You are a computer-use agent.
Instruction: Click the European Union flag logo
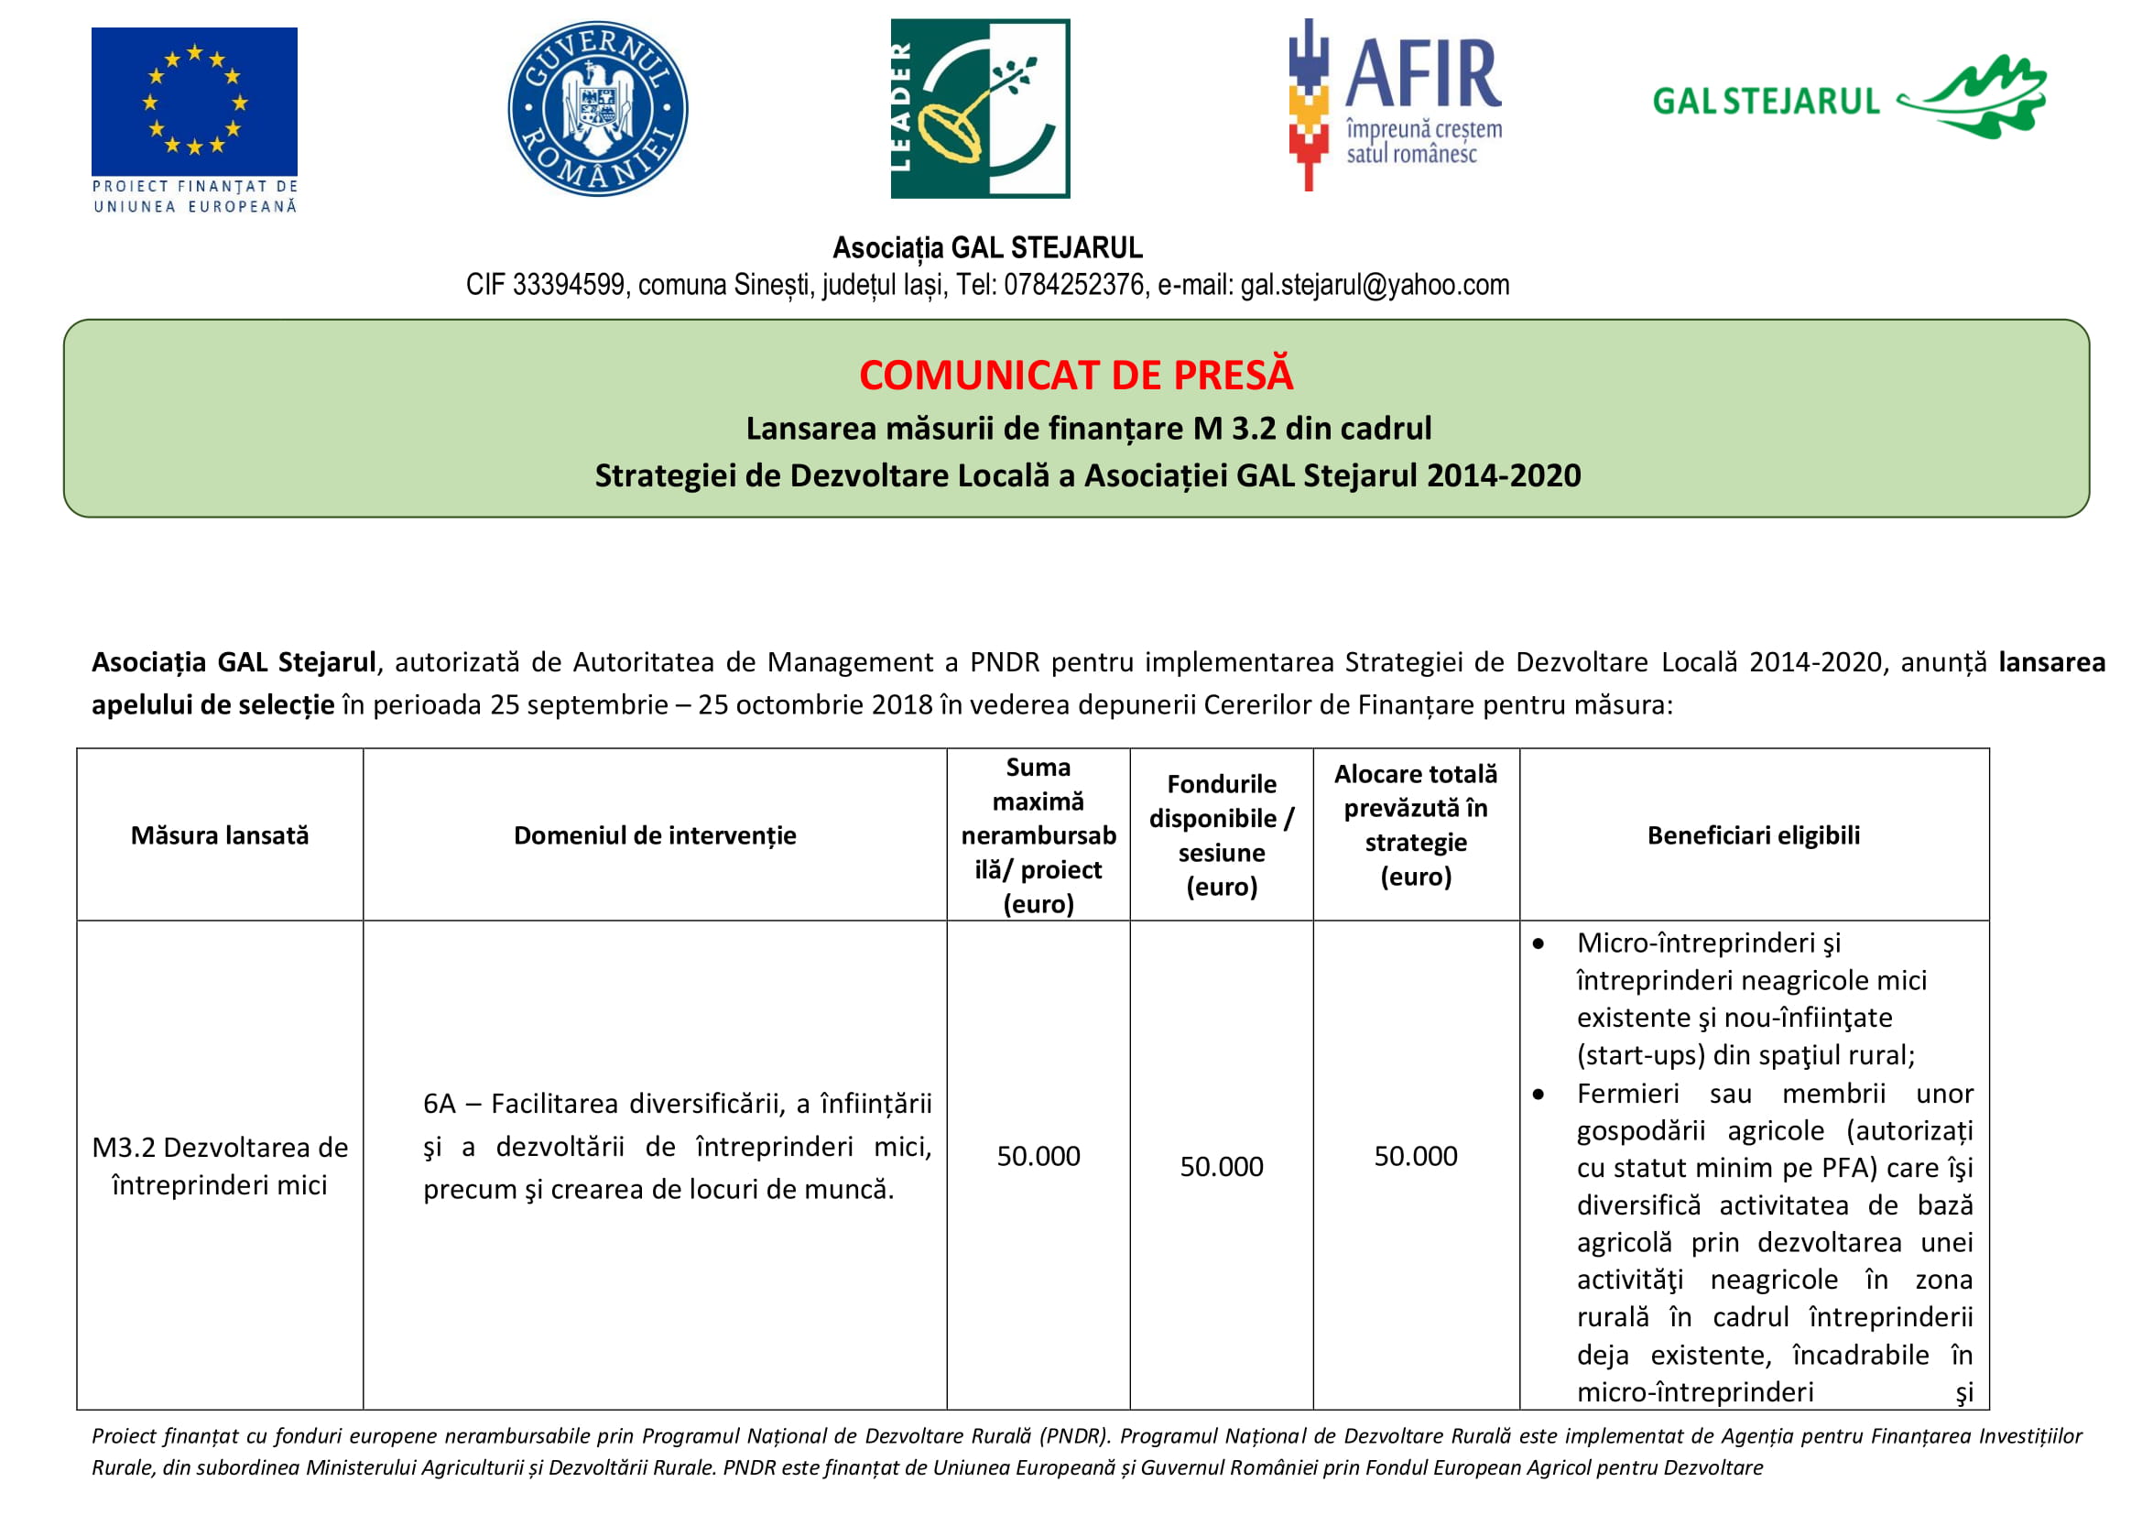(194, 102)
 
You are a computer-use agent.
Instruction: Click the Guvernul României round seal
(597, 108)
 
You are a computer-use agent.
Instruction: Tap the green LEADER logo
(980, 108)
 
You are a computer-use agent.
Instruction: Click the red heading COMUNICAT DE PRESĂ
(1076, 375)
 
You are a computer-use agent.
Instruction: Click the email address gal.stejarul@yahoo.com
(1375, 285)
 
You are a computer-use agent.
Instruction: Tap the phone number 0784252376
(1073, 285)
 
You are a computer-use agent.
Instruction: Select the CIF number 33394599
(568, 285)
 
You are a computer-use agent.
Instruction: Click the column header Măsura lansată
(219, 835)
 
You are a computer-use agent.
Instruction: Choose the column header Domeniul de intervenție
(655, 835)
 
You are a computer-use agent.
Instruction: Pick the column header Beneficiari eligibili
(1753, 835)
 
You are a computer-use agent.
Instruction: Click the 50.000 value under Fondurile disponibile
(1222, 1166)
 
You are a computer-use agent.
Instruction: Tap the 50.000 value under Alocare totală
(1415, 1156)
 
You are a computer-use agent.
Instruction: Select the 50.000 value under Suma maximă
(1038, 1156)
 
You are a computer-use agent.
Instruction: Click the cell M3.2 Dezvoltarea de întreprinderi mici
(219, 1166)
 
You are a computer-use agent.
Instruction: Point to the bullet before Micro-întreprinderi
(1539, 944)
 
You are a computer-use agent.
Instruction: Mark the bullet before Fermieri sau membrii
(1539, 1095)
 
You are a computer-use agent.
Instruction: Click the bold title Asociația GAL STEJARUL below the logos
(987, 247)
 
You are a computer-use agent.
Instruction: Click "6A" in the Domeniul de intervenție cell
(440, 1104)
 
